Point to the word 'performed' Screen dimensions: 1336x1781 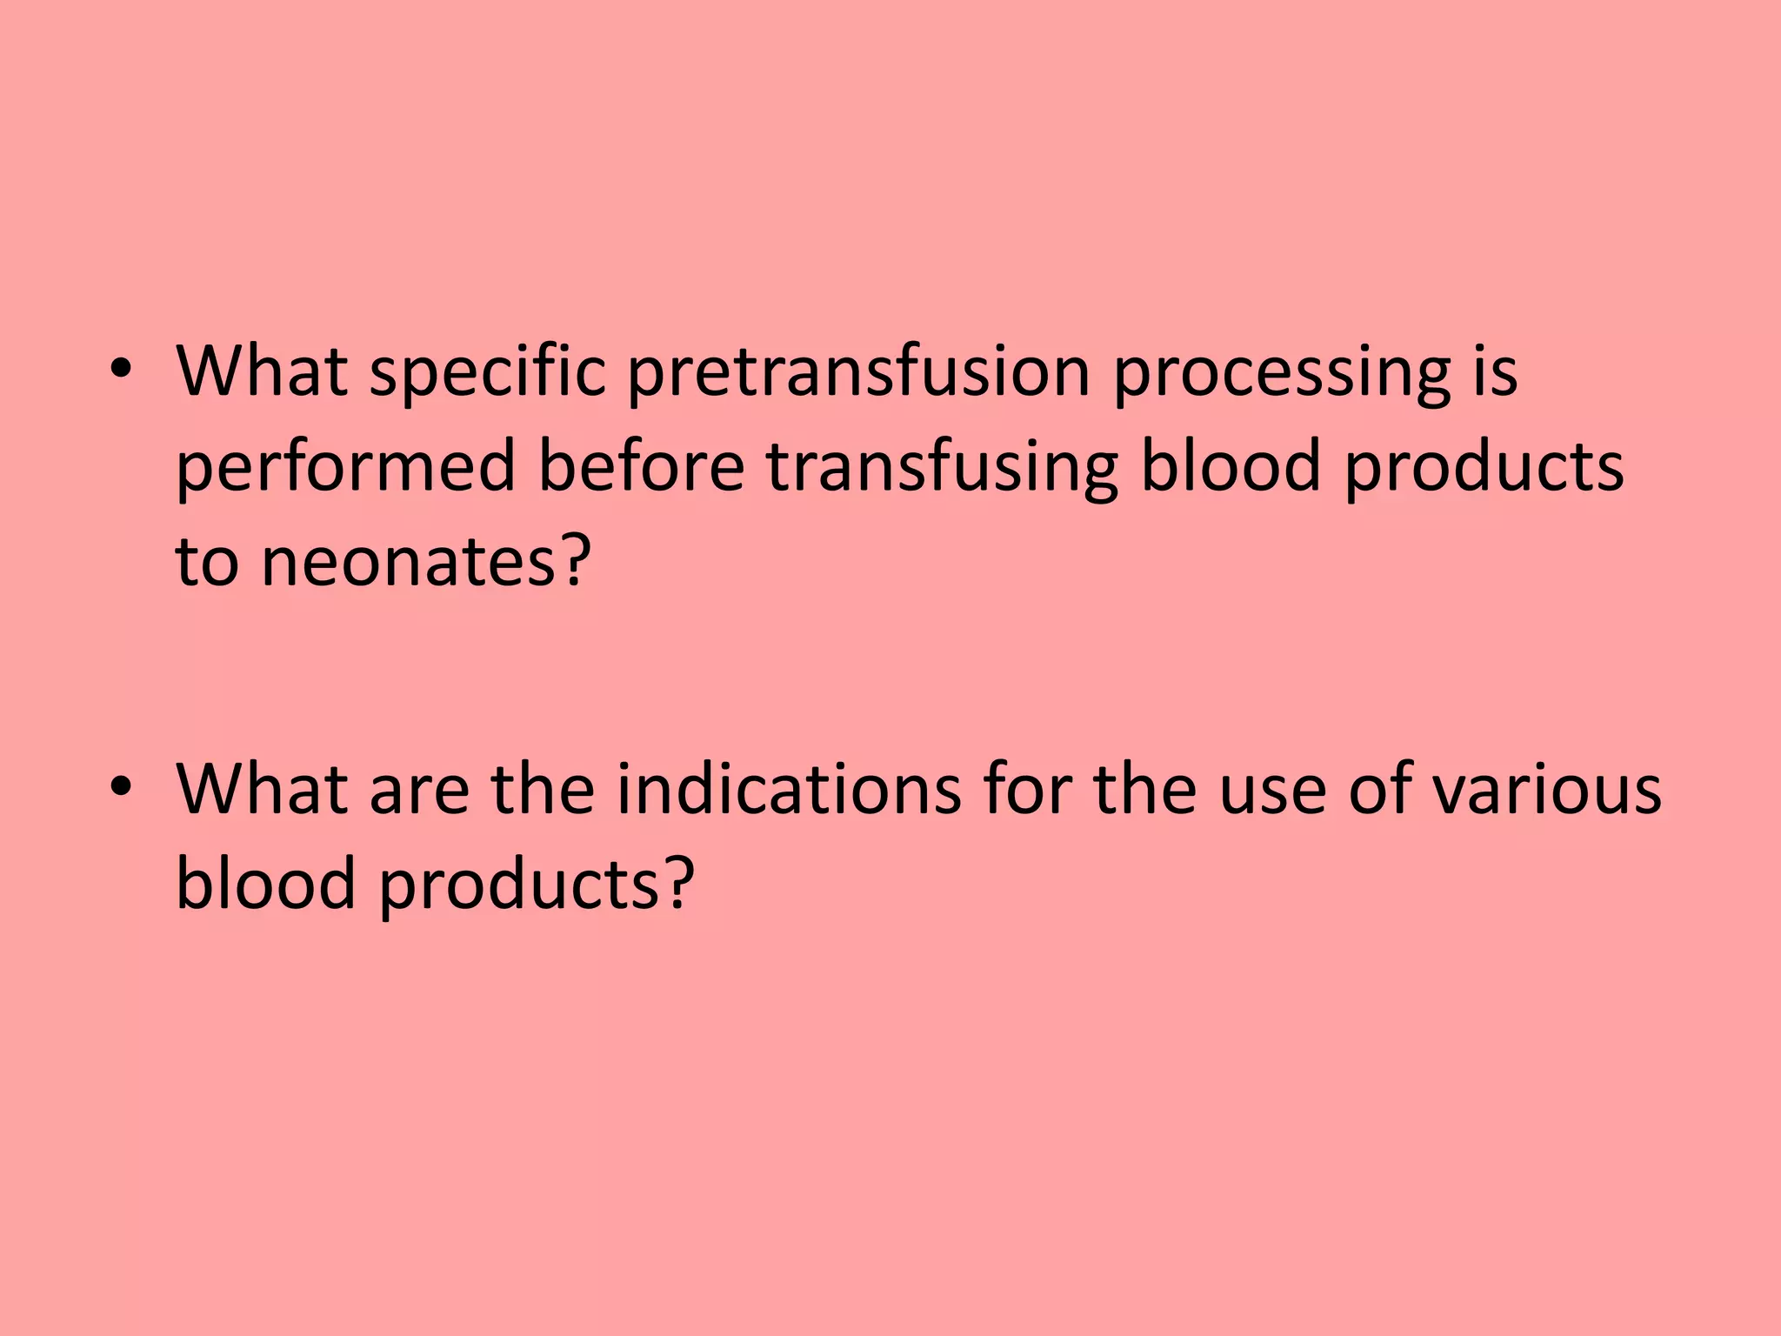(346, 468)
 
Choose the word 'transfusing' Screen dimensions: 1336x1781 (942, 468)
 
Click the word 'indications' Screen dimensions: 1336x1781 (789, 790)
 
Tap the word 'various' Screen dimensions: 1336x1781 (1547, 790)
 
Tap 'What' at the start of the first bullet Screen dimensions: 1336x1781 (262, 372)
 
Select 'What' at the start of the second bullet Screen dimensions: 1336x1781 (262, 790)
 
